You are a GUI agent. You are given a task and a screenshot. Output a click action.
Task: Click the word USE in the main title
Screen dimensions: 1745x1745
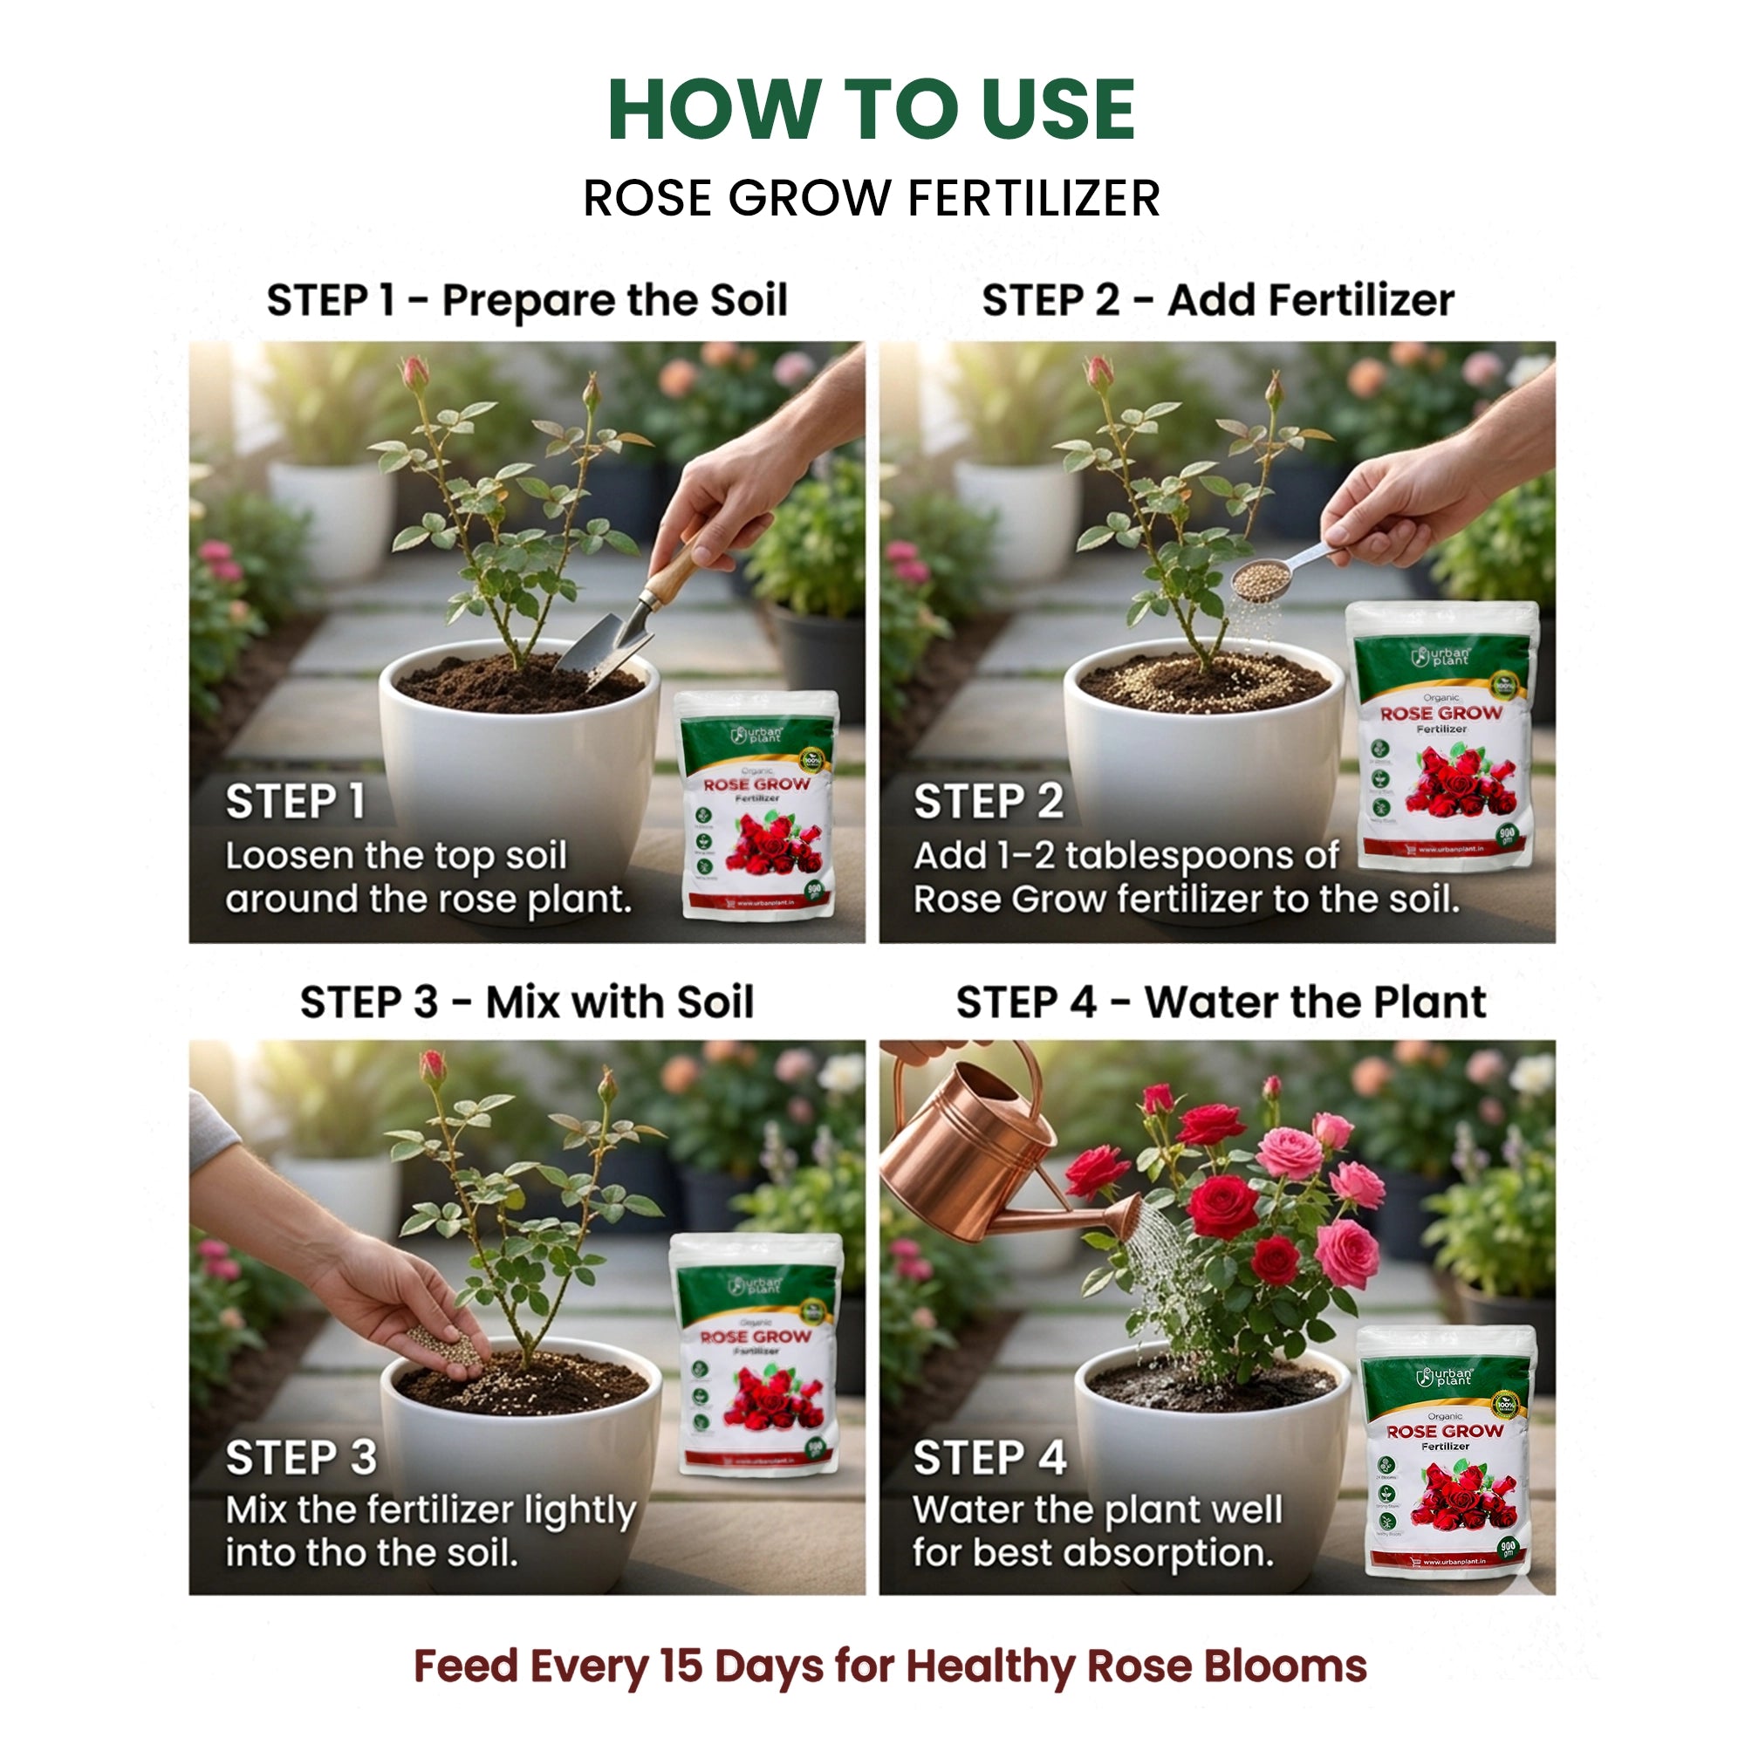pos(1057,110)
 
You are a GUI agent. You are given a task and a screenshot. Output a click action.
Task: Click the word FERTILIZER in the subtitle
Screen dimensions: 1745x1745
pos(1033,199)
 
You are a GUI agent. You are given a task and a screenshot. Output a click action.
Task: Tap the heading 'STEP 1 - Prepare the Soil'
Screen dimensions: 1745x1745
pos(527,300)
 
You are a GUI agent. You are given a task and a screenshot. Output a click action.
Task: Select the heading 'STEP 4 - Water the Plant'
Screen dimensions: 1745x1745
pos(1221,1002)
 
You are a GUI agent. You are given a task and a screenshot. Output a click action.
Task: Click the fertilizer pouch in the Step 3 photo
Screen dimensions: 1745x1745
pos(756,1355)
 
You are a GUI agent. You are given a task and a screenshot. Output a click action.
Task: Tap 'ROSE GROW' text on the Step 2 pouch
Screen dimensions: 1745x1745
pos(1440,714)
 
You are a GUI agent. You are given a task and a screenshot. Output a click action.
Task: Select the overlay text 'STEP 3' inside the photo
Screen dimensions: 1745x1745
pos(301,1458)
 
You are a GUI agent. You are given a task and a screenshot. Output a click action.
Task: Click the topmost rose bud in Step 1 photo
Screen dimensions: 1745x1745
pos(414,373)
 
